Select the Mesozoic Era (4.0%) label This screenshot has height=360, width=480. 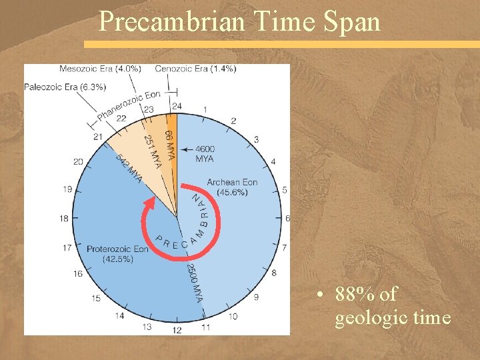[x=100, y=69]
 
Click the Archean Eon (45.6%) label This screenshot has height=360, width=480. [x=232, y=187]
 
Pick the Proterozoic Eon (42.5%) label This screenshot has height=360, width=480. [x=117, y=254]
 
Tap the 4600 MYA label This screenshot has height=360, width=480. [x=205, y=154]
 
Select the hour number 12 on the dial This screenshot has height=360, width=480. [x=177, y=329]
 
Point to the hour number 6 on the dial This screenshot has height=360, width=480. [x=287, y=218]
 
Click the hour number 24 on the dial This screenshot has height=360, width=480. [x=177, y=105]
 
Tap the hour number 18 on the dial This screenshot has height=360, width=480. [x=65, y=218]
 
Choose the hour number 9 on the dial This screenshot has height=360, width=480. [x=256, y=297]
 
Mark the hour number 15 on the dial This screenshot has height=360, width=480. [x=97, y=297]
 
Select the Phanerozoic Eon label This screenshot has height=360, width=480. [x=129, y=106]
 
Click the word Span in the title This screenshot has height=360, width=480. [x=353, y=21]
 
